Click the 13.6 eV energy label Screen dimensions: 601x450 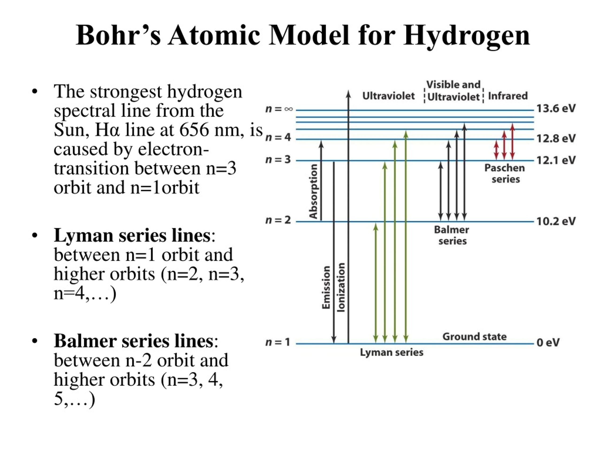pyautogui.click(x=556, y=109)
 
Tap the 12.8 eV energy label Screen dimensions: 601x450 pyautogui.click(x=556, y=139)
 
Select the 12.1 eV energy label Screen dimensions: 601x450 pyautogui.click(x=556, y=160)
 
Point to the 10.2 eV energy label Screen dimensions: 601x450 pyautogui.click(x=556, y=221)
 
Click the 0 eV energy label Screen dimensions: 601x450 pyautogui.click(x=548, y=343)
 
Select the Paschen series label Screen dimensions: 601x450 pyautogui.click(x=505, y=174)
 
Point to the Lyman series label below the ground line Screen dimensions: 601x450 pyautogui.click(x=392, y=352)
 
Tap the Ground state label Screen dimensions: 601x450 pyautogui.click(x=475, y=337)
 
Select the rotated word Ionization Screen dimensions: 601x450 pyautogui.click(x=341, y=287)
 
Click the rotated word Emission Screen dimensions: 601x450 pyautogui.click(x=326, y=287)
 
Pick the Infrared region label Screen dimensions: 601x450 pyautogui.click(x=508, y=96)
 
